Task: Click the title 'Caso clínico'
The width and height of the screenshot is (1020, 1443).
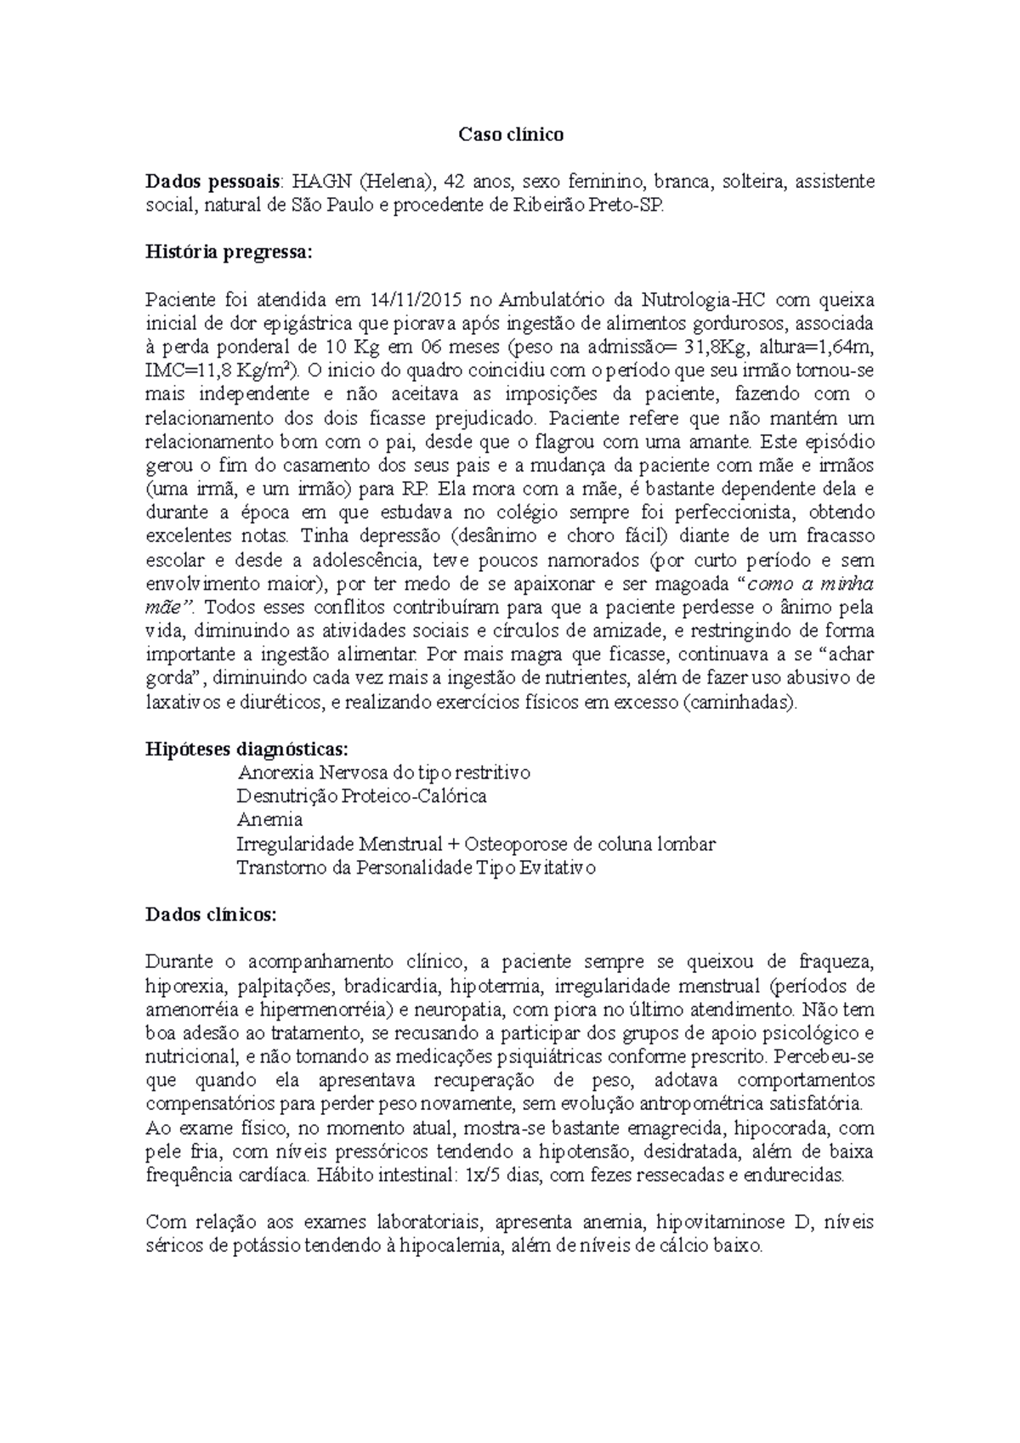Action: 511,134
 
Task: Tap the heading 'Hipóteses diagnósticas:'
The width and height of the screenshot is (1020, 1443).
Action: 246,749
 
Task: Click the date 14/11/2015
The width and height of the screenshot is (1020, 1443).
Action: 412,300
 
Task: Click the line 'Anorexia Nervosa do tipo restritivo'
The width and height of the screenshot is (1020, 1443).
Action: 384,772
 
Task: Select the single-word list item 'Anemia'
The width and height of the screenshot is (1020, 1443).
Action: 269,820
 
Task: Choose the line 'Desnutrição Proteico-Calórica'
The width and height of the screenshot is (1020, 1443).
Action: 362,796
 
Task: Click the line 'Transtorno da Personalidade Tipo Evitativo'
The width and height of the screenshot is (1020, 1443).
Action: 416,868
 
